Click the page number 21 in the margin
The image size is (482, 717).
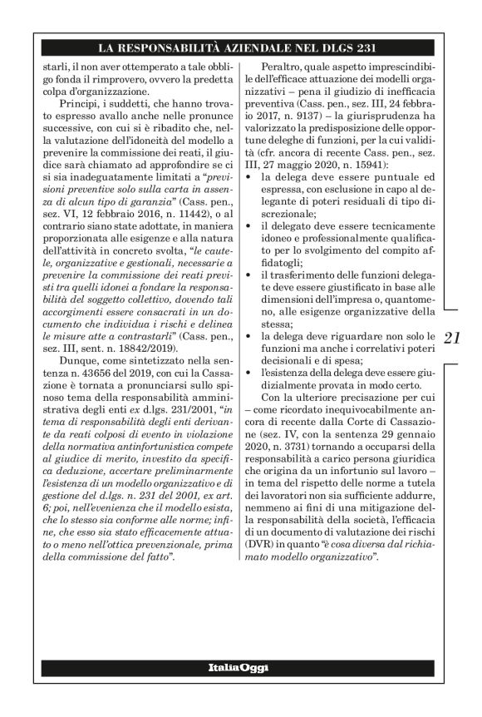pyautogui.click(x=452, y=339)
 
